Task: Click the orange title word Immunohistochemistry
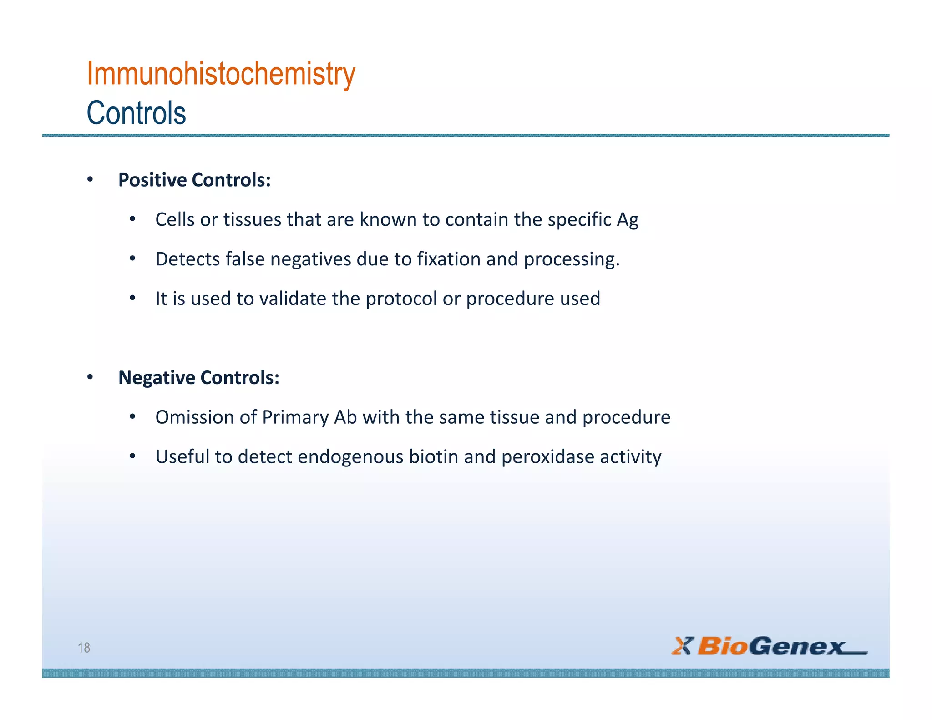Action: click(221, 74)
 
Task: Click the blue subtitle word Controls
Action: click(136, 113)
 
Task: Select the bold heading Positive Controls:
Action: click(194, 180)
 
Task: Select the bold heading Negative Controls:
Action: click(198, 377)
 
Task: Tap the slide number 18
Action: click(84, 647)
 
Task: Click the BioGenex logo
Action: click(769, 646)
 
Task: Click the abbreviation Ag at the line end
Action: click(628, 220)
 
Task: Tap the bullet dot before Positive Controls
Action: click(90, 180)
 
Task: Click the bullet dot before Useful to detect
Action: click(132, 456)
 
